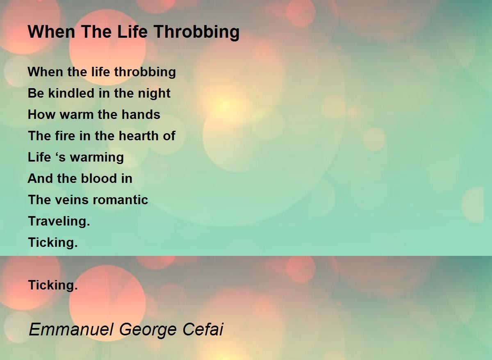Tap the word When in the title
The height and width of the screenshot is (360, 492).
(x=52, y=32)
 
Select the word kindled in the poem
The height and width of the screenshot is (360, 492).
(x=71, y=93)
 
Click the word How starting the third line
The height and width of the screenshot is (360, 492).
(x=41, y=114)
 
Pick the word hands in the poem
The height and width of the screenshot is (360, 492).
(x=141, y=114)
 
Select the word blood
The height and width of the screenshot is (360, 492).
(x=99, y=178)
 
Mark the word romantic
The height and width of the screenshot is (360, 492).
(x=121, y=200)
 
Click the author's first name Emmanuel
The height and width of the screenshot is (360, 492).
(x=71, y=329)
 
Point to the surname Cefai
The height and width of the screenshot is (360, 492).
(x=203, y=329)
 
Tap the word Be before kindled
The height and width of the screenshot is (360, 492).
(x=36, y=93)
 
